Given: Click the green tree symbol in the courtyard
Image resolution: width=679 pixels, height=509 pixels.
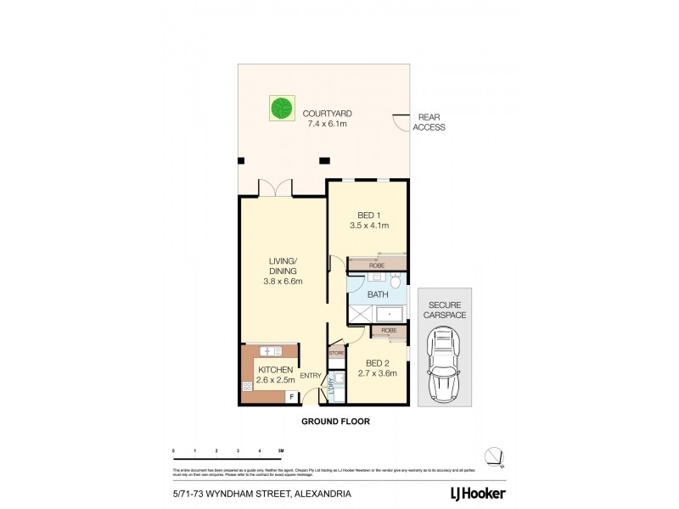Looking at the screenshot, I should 278,109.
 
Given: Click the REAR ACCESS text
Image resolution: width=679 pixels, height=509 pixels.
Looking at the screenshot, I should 428,122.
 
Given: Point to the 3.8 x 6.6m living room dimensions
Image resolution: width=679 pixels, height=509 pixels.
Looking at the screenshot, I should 283,282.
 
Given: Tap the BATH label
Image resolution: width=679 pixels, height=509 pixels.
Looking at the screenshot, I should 377,295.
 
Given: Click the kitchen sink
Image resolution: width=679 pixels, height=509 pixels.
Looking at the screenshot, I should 271,350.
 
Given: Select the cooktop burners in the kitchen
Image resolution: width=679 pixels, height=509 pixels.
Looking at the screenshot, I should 248,387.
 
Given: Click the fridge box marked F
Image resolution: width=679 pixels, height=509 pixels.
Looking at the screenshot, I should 291,396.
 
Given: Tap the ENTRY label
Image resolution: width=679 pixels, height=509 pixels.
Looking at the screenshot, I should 311,375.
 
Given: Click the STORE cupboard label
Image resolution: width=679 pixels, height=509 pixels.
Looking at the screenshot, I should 335,351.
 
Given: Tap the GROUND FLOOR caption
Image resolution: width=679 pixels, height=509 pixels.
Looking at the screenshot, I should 338,420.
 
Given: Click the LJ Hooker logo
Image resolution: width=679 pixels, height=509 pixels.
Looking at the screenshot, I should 482,492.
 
